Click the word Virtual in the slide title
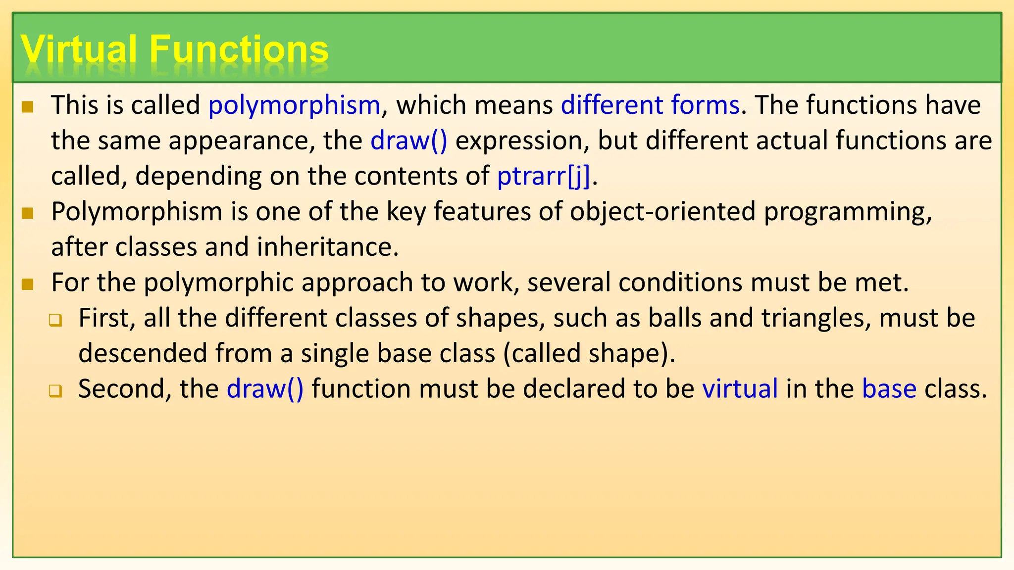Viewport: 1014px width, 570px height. click(79, 49)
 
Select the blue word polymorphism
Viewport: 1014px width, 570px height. click(294, 105)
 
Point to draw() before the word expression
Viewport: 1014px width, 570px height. click(409, 141)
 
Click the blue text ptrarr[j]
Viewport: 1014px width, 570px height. click(544, 177)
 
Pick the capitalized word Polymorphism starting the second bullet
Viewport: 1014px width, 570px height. click(137, 212)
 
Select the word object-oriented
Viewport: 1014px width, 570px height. click(662, 212)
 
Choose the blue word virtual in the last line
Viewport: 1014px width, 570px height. click(740, 389)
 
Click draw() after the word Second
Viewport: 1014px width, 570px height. click(265, 389)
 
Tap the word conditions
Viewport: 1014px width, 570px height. click(680, 283)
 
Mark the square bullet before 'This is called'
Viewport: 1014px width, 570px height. click(28, 107)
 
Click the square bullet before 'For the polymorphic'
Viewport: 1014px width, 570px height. click(28, 284)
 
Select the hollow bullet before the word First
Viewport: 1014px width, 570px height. click(55, 320)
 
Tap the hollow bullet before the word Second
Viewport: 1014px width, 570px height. click(55, 391)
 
